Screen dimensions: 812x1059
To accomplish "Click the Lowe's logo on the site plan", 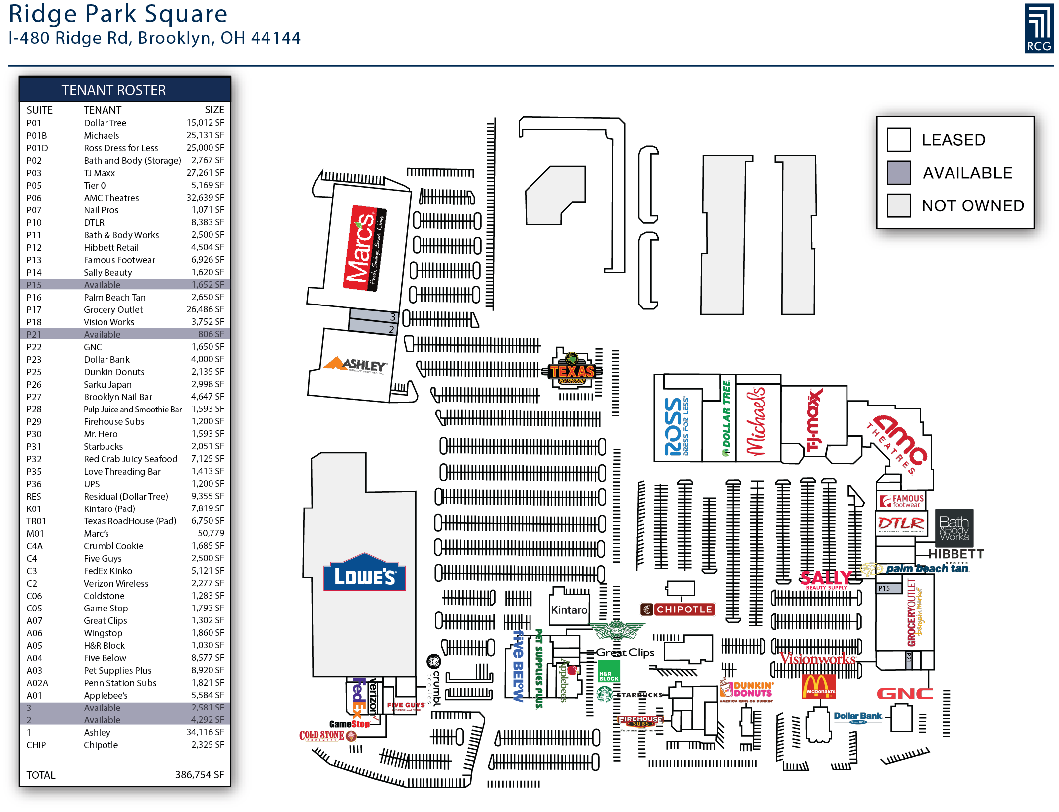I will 364,573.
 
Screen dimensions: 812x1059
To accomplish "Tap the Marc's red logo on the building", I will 364,247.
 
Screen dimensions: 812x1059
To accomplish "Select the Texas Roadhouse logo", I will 572,371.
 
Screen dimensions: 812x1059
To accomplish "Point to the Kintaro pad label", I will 569,610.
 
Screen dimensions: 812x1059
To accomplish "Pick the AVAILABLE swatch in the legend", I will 898,173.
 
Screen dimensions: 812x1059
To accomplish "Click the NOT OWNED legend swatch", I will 898,205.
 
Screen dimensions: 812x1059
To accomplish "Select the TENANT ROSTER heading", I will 113,90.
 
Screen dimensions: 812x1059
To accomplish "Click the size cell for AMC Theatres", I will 205,198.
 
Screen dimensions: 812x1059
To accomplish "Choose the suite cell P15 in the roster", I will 34,285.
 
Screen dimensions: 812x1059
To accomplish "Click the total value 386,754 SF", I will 199,775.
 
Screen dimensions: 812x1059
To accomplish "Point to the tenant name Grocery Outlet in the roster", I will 113,309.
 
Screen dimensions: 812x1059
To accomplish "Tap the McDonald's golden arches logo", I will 818,686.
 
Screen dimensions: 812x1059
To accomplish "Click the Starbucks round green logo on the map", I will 605,694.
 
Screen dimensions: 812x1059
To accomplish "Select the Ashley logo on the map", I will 354,365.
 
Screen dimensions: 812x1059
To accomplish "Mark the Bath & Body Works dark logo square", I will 953,528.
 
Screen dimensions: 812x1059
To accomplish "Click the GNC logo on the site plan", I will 905,694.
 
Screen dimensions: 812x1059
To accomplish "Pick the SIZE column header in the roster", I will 214,110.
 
